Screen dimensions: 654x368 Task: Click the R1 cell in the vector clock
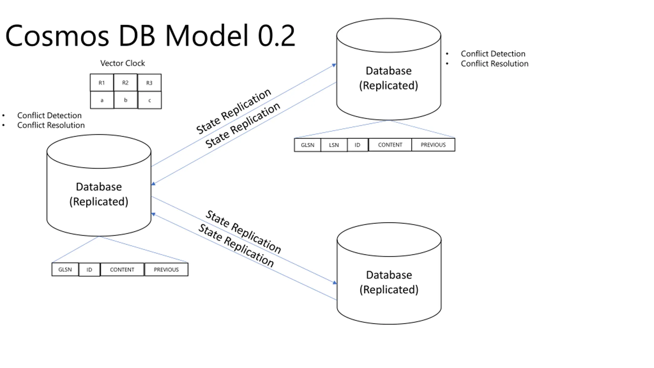[x=102, y=83]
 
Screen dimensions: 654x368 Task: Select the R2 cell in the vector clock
[x=125, y=83]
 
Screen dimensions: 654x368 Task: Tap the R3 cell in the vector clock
[x=149, y=83]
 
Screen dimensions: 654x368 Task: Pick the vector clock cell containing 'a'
[x=102, y=100]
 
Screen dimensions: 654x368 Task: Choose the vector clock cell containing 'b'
[x=125, y=100]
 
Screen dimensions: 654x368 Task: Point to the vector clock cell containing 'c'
[x=150, y=100]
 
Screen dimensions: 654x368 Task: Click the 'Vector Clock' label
[x=122, y=63]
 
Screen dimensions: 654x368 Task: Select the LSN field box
[x=334, y=145]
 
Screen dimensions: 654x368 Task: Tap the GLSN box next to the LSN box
[x=308, y=145]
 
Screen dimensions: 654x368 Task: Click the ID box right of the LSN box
[x=358, y=145]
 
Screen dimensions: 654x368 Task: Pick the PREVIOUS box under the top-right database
[x=433, y=145]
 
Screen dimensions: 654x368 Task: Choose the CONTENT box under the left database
[x=122, y=270]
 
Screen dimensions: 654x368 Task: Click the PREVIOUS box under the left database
[x=166, y=270]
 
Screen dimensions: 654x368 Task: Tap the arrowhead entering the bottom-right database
[x=335, y=282]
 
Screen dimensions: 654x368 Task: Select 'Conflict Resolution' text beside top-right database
[x=495, y=64]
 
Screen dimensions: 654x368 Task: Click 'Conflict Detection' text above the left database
[x=49, y=116]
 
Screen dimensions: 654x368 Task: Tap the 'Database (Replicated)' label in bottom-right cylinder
[x=389, y=282]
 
